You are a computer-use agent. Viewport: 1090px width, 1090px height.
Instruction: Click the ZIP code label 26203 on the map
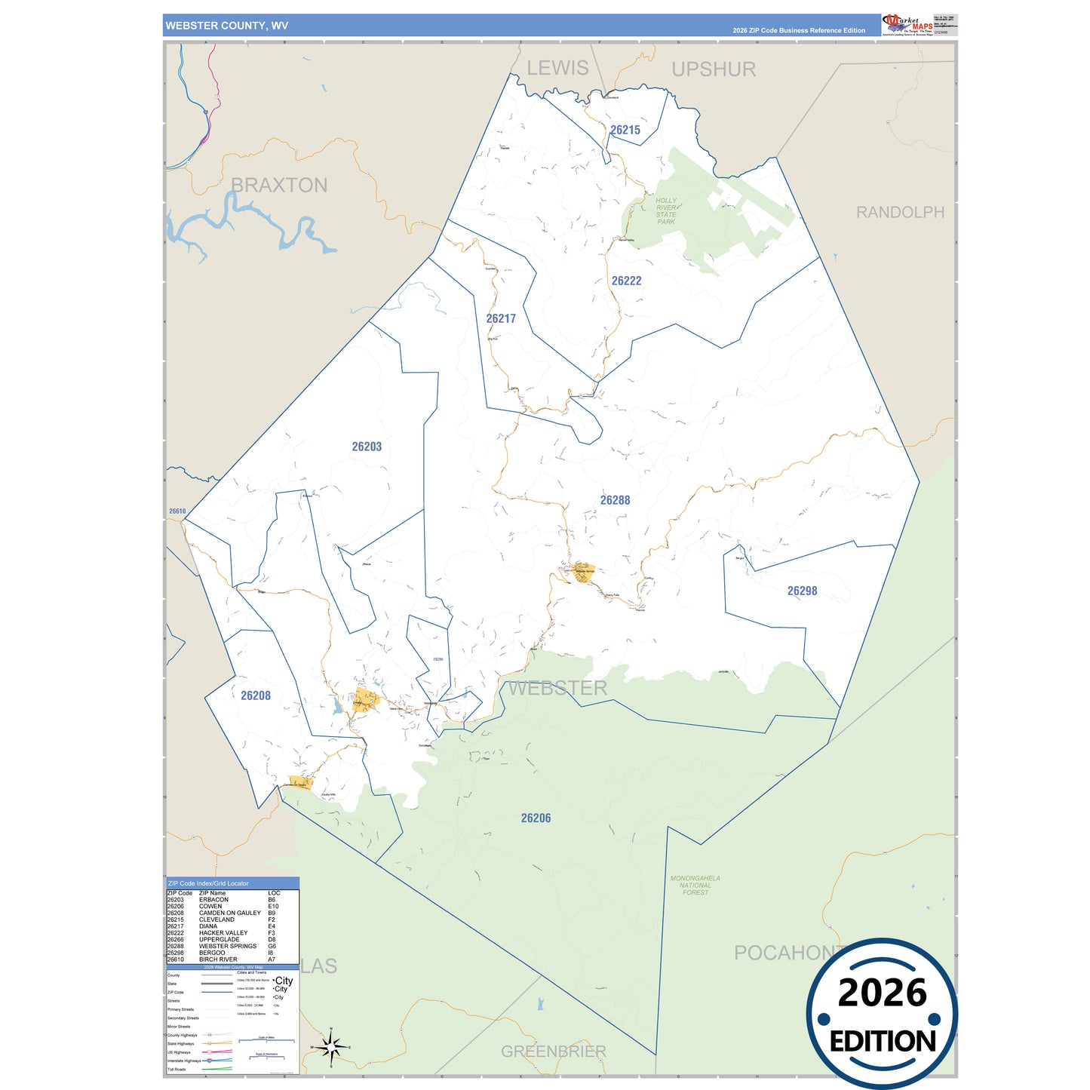click(x=367, y=447)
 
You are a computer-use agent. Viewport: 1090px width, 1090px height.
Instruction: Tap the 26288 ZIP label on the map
click(x=615, y=500)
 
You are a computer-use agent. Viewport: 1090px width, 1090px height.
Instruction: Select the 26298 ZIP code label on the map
click(x=802, y=591)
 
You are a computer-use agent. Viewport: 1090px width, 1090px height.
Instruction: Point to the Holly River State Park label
click(x=665, y=211)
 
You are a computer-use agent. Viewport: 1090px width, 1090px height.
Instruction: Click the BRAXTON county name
click(x=278, y=185)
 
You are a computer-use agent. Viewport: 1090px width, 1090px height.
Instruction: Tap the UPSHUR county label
click(x=713, y=69)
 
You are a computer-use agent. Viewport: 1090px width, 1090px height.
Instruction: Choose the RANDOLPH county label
click(x=899, y=213)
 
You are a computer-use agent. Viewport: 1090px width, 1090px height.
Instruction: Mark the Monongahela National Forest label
click(x=695, y=886)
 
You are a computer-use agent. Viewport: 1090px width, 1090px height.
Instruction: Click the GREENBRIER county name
click(x=553, y=1051)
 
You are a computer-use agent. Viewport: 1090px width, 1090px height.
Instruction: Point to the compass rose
click(x=330, y=1047)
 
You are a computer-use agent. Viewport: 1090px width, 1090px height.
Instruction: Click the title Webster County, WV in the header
click(x=226, y=26)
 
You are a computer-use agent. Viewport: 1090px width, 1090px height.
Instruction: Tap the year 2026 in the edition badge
click(x=882, y=993)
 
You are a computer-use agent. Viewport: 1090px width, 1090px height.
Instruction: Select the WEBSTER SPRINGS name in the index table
click(x=227, y=946)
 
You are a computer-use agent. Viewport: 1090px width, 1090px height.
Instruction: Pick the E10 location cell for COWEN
click(x=272, y=906)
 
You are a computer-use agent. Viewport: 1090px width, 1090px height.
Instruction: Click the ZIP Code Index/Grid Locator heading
click(x=208, y=883)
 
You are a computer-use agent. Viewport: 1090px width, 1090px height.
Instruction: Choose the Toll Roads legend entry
click(x=176, y=1069)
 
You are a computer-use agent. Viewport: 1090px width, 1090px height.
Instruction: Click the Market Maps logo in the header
click(x=907, y=24)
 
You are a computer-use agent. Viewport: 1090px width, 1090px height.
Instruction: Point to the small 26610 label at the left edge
click(x=177, y=511)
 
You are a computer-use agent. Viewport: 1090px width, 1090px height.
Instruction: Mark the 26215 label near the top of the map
click(x=625, y=130)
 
